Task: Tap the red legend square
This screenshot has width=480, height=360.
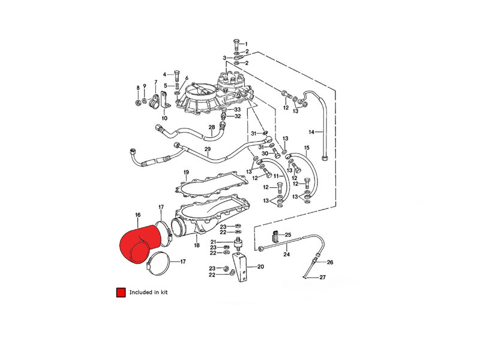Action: [x=121, y=292]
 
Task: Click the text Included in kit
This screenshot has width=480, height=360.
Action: [x=149, y=292]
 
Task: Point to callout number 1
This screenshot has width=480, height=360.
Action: [x=245, y=43]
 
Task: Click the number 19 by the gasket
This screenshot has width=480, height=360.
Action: [x=187, y=173]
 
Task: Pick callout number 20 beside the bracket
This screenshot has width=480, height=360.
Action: [x=260, y=267]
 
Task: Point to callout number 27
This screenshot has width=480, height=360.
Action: [x=322, y=277]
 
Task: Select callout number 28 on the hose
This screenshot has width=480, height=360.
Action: [x=211, y=127]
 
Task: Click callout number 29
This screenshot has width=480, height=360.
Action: [x=208, y=149]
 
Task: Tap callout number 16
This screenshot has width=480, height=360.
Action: [x=137, y=214]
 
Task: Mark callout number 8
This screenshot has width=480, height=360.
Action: [x=137, y=88]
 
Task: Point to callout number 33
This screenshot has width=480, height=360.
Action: [x=238, y=109]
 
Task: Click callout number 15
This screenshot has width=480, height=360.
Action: [x=307, y=147]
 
